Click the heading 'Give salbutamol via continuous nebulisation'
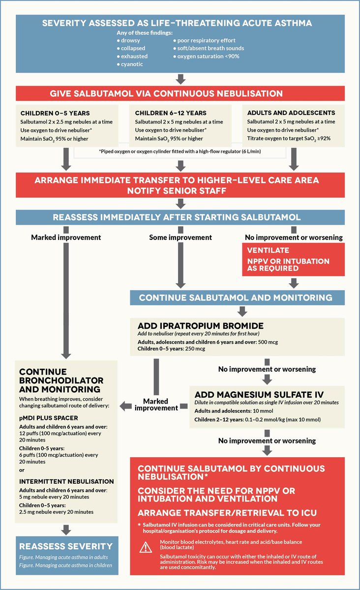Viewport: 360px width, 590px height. coord(166,93)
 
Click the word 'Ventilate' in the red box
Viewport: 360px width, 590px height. coord(268,250)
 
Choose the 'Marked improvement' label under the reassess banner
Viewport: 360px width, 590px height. coord(66,237)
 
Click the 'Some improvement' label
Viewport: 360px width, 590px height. coord(180,237)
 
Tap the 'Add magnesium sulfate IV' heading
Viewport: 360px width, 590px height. coord(253,394)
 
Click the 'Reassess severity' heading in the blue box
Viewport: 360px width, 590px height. coord(66,546)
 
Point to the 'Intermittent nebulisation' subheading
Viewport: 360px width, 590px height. coord(66,481)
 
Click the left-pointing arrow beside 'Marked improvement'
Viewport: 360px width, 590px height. coord(126,406)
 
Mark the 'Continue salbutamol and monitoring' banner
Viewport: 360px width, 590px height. coord(236,297)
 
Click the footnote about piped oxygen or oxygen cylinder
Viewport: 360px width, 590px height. coord(180,151)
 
